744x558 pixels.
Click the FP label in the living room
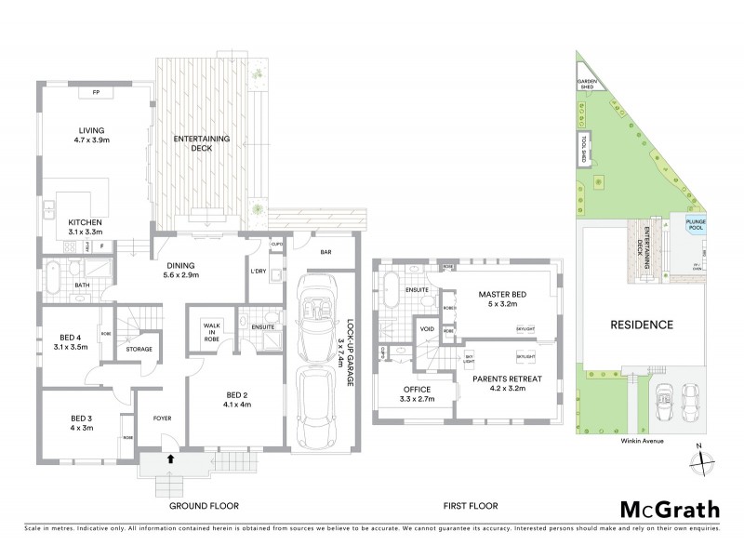point(96,94)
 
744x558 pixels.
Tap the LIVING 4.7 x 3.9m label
point(91,136)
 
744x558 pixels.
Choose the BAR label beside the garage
point(325,251)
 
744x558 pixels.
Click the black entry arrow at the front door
point(170,458)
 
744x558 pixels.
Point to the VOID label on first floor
point(428,328)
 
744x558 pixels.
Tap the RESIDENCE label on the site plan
point(641,325)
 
